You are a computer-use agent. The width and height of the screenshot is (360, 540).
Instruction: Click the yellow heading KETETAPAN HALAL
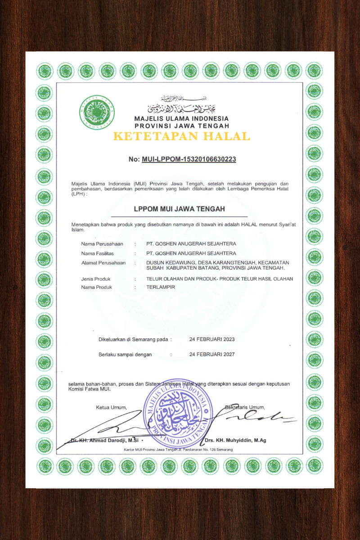tap(181, 136)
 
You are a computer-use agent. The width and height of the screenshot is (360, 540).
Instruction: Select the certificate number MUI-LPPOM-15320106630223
tap(189, 159)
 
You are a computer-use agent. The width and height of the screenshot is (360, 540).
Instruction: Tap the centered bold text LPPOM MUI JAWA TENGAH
tap(179, 209)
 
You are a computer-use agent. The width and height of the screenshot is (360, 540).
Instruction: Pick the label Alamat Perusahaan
tap(103, 263)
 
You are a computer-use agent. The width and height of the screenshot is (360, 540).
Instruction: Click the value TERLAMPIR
tap(161, 287)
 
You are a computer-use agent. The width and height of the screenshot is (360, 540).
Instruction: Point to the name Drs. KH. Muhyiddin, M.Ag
tap(235, 440)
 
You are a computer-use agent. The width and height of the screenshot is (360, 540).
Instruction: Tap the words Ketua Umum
tap(111, 408)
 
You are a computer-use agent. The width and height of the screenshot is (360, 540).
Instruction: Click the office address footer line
tap(178, 450)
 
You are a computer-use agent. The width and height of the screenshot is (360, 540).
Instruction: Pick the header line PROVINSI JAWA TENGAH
tap(181, 126)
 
